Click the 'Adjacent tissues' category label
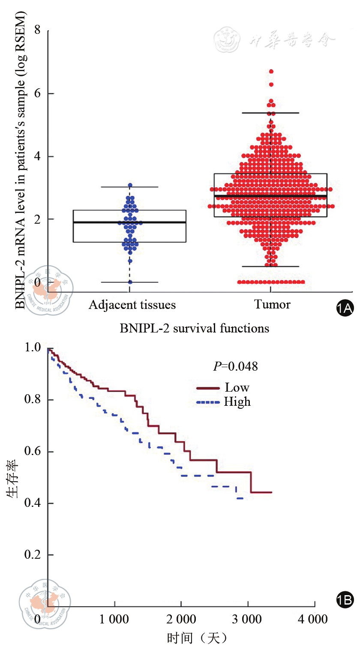[132, 305]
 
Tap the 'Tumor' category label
[272, 305]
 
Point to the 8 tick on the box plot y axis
[38, 30]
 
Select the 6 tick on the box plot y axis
[38, 93]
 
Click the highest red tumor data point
[271, 72]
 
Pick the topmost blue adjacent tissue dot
[130, 186]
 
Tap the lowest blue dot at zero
[130, 282]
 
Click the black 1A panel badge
[345, 309]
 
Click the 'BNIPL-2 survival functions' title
[195, 329]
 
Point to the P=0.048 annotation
[236, 367]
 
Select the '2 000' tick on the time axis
[181, 620]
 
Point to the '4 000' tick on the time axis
[315, 620]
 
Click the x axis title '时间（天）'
[197, 638]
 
